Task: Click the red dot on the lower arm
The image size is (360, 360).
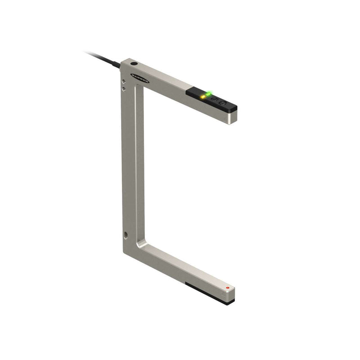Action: coord(228,287)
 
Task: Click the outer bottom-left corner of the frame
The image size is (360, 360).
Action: coord(124,252)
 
